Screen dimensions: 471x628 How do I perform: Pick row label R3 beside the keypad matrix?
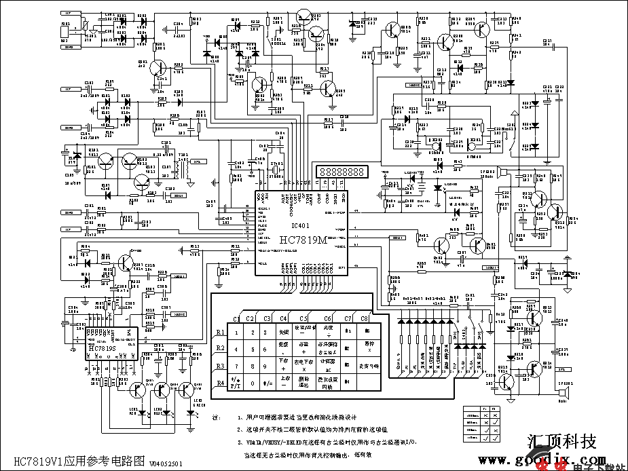220,366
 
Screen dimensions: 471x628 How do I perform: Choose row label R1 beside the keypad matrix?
220,332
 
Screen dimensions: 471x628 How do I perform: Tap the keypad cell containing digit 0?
252,383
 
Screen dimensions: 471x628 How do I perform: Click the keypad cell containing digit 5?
252,349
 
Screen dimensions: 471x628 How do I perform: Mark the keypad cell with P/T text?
236,383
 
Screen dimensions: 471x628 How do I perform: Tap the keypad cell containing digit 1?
236,332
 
